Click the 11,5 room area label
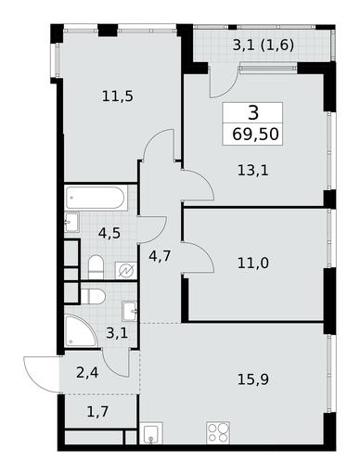(x=118, y=96)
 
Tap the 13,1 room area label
(x=253, y=171)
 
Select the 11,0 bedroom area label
(x=253, y=263)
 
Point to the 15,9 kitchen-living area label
(x=253, y=379)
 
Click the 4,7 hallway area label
(x=160, y=256)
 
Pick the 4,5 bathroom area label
(x=109, y=233)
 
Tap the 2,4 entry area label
(x=87, y=373)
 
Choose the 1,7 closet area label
(x=97, y=412)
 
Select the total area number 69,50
(x=255, y=135)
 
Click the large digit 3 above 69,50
(x=253, y=113)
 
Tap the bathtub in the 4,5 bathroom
(x=96, y=198)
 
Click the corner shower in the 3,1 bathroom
(x=81, y=330)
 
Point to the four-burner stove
(x=218, y=432)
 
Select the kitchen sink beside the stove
(x=151, y=433)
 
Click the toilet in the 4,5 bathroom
(x=96, y=267)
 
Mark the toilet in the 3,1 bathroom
(x=93, y=297)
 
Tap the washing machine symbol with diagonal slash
(x=126, y=271)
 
